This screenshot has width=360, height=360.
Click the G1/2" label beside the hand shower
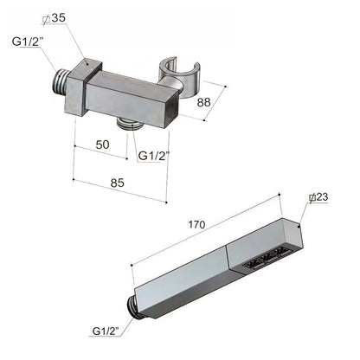[x=109, y=331]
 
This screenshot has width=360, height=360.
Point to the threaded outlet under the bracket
[x=132, y=121]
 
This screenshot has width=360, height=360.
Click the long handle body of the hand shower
[x=183, y=276]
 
